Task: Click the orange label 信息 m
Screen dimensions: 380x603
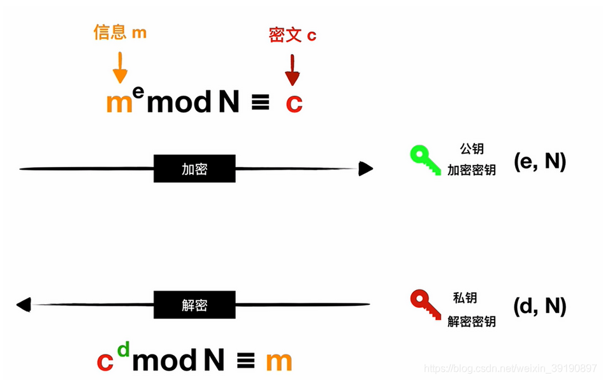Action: coord(120,33)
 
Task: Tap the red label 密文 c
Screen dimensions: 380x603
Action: coord(293,36)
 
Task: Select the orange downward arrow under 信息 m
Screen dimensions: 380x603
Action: coord(120,68)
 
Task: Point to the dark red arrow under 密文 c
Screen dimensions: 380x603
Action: coord(293,70)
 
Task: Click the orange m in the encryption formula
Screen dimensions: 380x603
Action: coord(119,103)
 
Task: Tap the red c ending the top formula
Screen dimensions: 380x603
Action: coord(294,103)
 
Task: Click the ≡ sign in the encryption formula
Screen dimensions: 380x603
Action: coord(260,104)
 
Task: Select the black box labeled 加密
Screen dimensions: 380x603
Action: coord(194,169)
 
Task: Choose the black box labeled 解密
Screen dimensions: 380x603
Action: coord(194,305)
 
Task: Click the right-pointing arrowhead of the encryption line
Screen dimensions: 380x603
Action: coord(365,169)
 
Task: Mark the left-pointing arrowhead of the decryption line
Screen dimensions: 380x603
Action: coord(24,305)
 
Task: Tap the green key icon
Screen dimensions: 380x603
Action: coord(424,159)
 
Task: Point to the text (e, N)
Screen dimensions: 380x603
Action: coord(540,162)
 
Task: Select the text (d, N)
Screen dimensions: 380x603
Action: coord(540,307)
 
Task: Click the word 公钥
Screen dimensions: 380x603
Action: coord(472,149)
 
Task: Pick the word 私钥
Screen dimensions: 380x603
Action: coord(465,298)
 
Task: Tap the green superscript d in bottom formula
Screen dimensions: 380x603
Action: coord(124,349)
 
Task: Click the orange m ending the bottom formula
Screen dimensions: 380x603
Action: coord(279,362)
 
